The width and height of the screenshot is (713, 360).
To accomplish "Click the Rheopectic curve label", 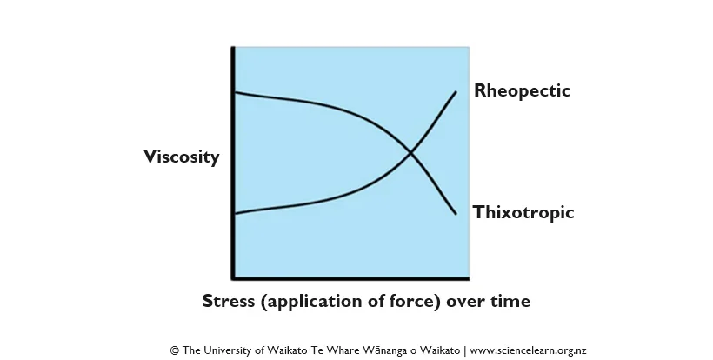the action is click(522, 91).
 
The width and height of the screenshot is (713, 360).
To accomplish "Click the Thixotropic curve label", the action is click(523, 212).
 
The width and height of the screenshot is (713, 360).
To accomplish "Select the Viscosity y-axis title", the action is click(182, 157).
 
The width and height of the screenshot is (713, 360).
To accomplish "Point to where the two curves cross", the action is click(410, 154).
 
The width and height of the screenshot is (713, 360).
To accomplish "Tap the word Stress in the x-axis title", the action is click(229, 301).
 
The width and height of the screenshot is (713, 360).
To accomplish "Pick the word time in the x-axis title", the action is click(511, 301).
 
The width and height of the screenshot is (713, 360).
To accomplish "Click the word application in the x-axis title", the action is click(317, 302).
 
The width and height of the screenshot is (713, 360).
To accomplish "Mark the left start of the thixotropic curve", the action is click(236, 93).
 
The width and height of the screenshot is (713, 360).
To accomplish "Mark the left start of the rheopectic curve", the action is click(236, 213).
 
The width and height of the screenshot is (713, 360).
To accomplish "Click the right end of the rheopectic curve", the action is click(456, 92).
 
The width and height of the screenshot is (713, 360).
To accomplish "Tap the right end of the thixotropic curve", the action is click(456, 214).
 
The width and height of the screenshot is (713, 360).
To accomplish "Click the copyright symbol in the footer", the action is click(175, 350).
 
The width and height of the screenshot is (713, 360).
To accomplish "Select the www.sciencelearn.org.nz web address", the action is click(528, 350).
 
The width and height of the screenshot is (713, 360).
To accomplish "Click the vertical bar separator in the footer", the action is click(464, 351).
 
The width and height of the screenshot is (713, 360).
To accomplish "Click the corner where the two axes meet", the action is click(234, 277).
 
